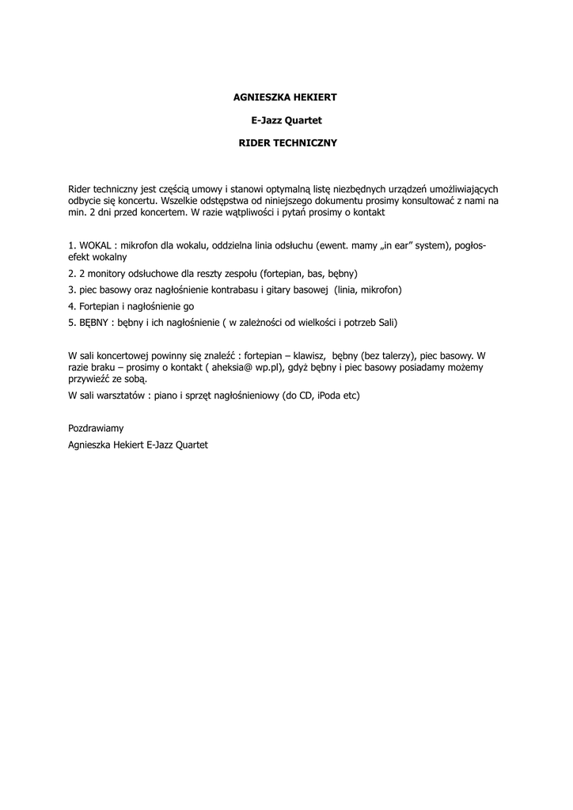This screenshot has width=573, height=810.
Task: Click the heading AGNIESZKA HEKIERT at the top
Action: [286, 97]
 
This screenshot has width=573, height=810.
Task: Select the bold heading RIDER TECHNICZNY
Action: [287, 143]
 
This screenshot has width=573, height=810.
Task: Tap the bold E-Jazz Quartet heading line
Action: [286, 120]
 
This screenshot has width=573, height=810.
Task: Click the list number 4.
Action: [71, 306]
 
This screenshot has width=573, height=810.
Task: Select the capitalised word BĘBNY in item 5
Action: [94, 323]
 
